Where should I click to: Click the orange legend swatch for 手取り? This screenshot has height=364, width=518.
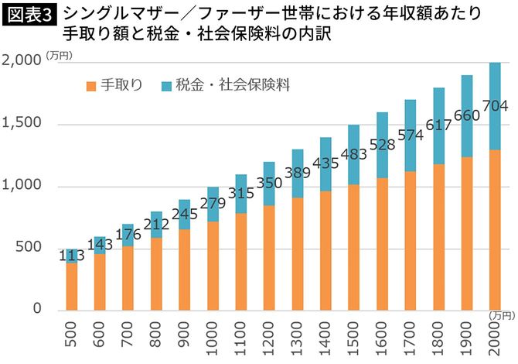pos(92,85)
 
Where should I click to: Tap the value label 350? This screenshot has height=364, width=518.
pos(271,184)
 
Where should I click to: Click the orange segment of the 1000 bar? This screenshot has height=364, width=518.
pos(213,266)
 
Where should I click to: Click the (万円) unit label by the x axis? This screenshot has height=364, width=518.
pos(501,314)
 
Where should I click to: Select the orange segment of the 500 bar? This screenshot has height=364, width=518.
pos(72,287)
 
